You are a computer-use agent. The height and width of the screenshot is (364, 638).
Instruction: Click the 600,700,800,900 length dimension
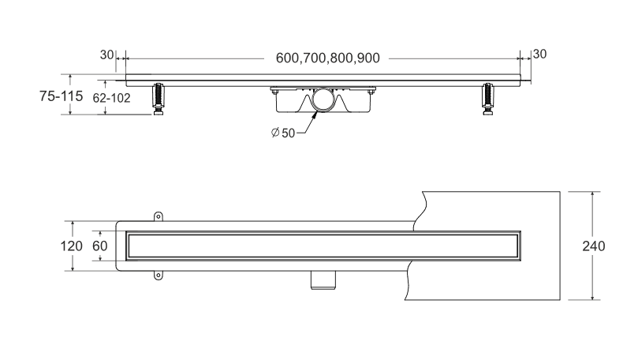coord(327,58)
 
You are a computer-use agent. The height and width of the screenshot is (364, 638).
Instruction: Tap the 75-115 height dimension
coord(61,96)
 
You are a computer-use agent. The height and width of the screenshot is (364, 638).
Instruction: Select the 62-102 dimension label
coord(111,98)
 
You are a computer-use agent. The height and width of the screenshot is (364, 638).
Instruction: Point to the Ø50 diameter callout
coord(283,133)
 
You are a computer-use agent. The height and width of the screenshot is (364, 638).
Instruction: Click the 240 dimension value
coord(594,246)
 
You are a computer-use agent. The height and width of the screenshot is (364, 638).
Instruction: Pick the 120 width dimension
coord(71,246)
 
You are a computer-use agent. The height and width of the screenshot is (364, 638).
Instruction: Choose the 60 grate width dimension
coord(99,246)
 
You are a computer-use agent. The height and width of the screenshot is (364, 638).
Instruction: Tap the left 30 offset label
coord(106,54)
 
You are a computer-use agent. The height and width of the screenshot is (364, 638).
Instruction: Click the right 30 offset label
coord(539,54)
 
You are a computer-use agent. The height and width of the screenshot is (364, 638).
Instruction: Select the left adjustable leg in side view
coord(159,99)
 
